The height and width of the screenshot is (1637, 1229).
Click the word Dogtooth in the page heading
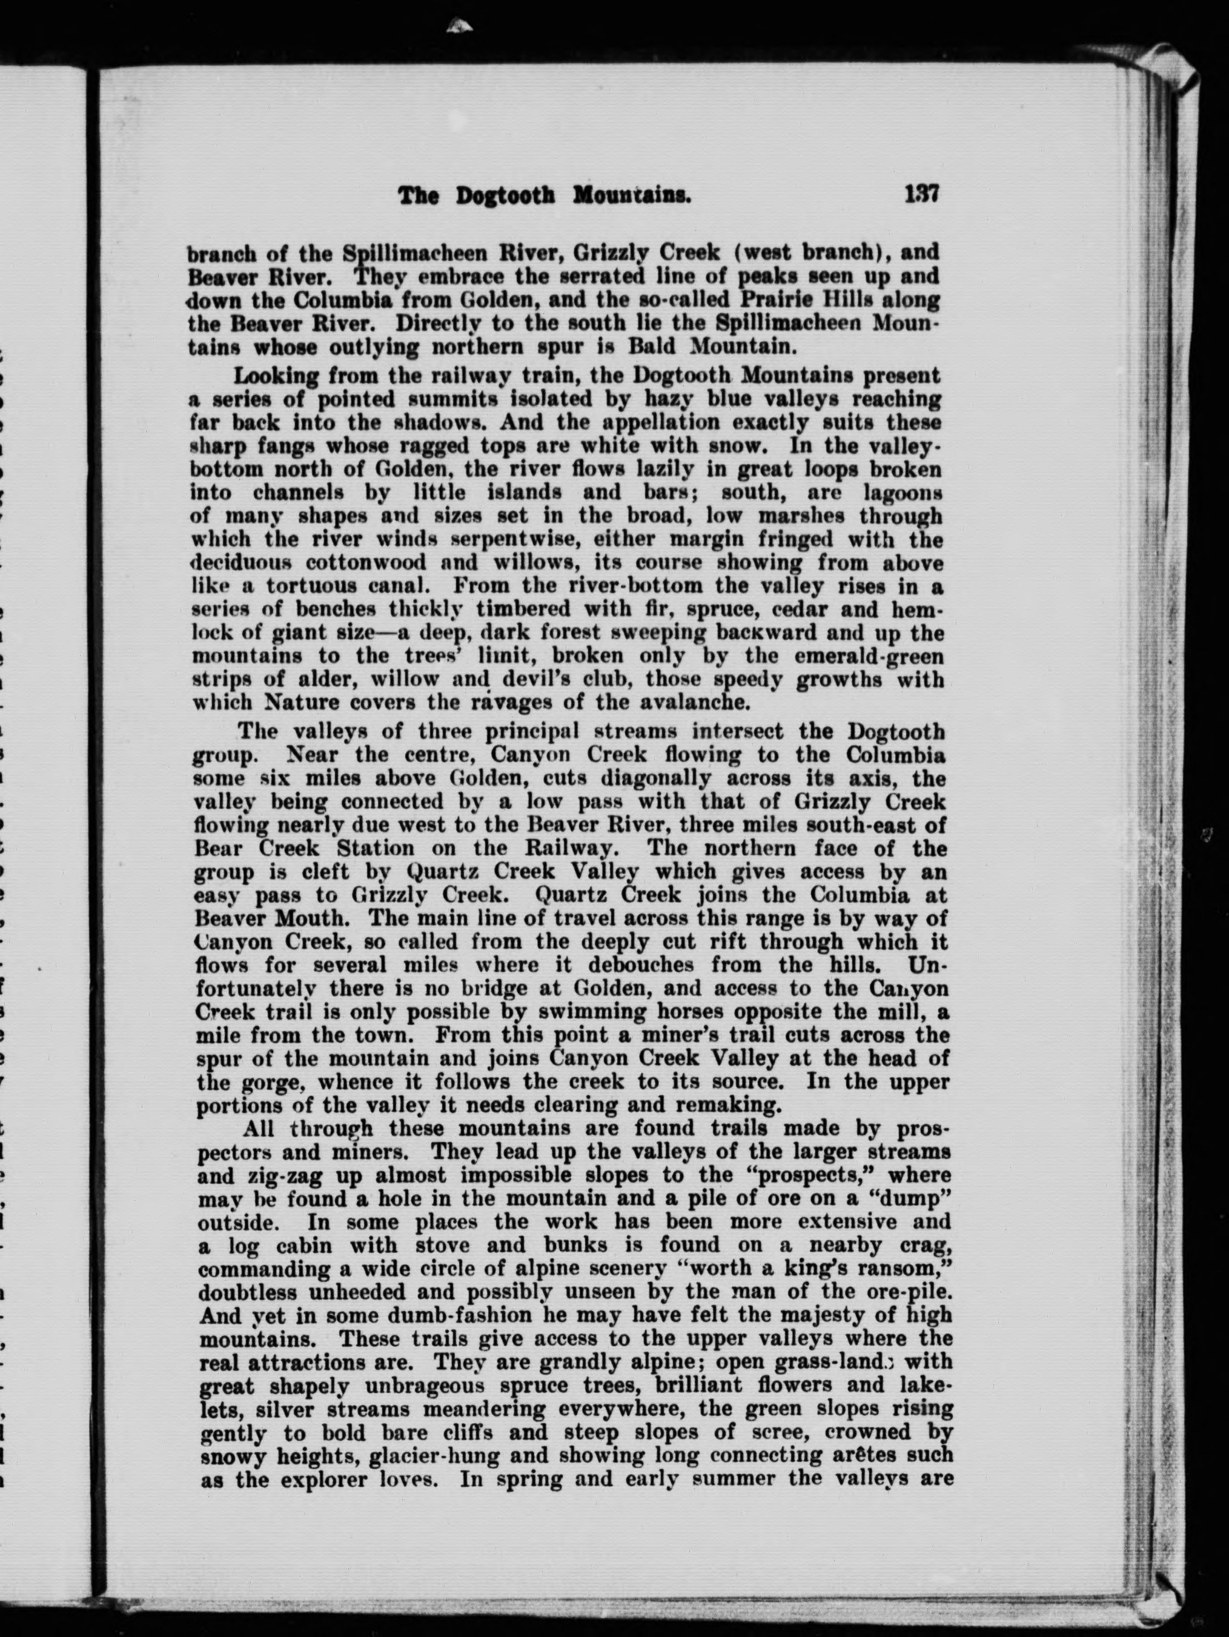[x=505, y=196]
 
